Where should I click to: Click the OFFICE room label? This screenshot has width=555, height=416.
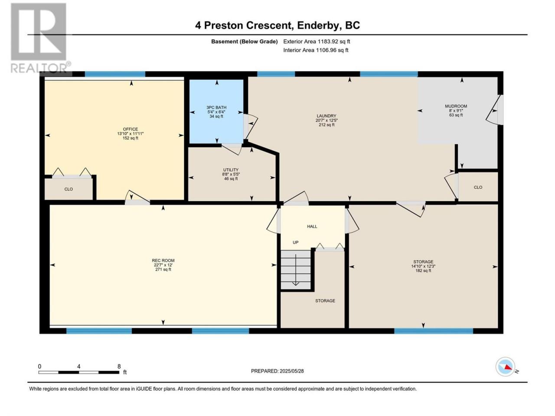131,129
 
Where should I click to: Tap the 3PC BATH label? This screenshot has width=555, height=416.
216,107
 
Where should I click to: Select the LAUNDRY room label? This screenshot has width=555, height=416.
326,116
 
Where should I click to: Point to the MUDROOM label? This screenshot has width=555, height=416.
456,106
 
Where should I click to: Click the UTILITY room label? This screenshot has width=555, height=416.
231,170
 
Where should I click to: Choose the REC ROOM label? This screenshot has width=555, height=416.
163,260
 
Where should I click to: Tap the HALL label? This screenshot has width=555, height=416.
312,226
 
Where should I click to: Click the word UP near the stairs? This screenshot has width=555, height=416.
296,242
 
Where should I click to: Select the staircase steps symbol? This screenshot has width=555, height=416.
296,270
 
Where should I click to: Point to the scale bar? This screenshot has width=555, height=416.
79,372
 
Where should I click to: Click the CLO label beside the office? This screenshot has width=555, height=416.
69,189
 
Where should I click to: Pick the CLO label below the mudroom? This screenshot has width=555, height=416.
478,187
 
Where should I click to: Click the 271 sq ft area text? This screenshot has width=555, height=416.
163,270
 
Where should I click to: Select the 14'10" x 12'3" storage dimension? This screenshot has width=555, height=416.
423,266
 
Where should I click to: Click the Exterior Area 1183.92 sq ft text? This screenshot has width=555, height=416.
317,42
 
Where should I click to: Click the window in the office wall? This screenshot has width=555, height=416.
115,74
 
